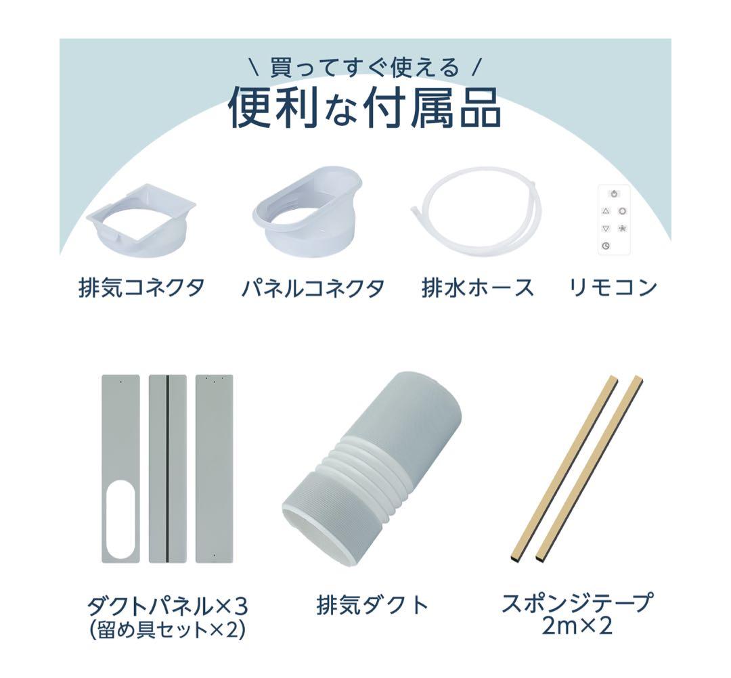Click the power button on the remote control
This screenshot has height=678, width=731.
pos(613,194)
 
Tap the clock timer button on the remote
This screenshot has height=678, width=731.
pos(606,246)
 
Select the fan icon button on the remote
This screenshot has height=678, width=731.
pos(622,228)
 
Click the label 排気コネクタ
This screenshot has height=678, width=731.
pos(141,288)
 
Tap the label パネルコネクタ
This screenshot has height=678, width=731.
pos(313,288)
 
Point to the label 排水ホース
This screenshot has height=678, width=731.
pos(477,288)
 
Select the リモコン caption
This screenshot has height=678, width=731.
pos(613,288)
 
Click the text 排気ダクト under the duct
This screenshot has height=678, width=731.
pos(373,604)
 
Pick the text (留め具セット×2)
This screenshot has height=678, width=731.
pos(167,630)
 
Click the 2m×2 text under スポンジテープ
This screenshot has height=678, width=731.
pos(577,625)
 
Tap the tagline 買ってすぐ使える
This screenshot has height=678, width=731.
pos(365,68)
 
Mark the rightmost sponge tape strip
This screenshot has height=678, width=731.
pos(590,467)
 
